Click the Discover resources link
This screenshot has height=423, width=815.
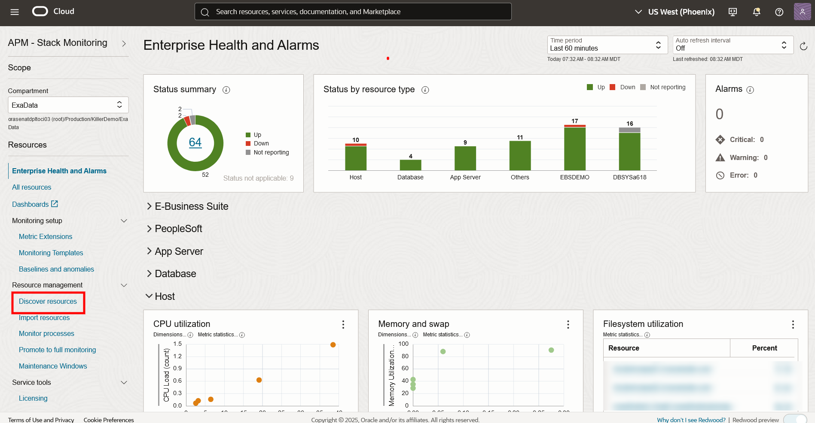(x=48, y=302)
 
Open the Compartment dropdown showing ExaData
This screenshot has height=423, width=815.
(x=68, y=105)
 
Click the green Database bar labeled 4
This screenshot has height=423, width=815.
(x=410, y=165)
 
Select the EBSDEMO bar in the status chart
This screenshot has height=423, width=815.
(x=574, y=148)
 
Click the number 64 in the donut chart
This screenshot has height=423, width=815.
(x=195, y=142)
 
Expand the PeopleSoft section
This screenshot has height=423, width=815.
(x=178, y=229)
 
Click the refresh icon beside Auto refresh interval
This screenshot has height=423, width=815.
(x=803, y=46)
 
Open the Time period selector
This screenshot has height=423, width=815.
(x=607, y=45)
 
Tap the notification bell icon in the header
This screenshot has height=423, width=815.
(x=757, y=12)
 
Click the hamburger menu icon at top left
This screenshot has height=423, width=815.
(x=15, y=12)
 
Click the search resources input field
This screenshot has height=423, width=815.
(x=352, y=12)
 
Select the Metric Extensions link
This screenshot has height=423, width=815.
(x=46, y=237)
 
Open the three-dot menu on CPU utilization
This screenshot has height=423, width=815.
(x=343, y=325)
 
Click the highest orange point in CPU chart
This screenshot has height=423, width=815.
(x=333, y=345)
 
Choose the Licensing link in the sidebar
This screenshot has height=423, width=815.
(x=33, y=399)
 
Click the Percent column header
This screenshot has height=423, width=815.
(x=764, y=348)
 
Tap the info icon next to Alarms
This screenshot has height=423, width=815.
(x=750, y=90)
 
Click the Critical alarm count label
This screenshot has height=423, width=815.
(x=742, y=140)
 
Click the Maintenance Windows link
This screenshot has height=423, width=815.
(x=53, y=366)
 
